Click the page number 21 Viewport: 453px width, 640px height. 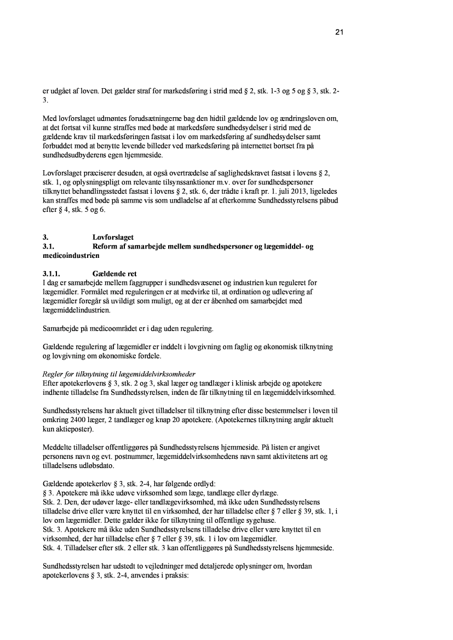[339, 32]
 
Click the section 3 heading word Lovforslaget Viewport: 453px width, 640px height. [113, 238]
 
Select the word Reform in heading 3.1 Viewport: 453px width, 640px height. [106, 247]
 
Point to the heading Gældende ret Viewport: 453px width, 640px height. [115, 274]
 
